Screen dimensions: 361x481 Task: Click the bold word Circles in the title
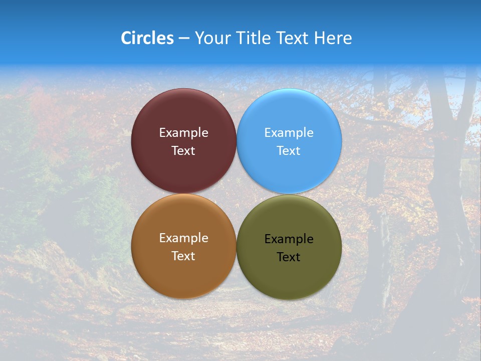click(147, 38)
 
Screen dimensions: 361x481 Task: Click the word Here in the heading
click(333, 38)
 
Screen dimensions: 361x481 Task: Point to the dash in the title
click(183, 39)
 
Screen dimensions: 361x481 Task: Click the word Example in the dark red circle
click(183, 133)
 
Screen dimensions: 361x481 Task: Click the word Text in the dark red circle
click(183, 151)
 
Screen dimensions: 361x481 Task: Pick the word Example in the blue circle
click(289, 133)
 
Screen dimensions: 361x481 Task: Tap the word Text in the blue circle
click(289, 151)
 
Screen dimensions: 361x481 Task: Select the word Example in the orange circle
click(183, 238)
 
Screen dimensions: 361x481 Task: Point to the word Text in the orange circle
click(183, 256)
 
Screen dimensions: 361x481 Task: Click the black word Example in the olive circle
click(289, 239)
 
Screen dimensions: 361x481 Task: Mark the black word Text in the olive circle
click(289, 257)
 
